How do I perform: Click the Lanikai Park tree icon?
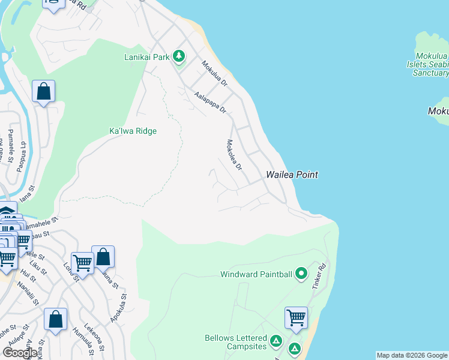coord(178,57)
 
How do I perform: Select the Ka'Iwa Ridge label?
coord(133,131)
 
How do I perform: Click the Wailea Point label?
coord(292,175)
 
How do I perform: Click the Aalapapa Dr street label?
coord(210,102)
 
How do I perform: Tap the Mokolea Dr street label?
coord(234,154)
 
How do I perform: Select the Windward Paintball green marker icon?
coord(301,274)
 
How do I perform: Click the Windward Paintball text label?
coord(256,275)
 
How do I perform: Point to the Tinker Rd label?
coord(319,277)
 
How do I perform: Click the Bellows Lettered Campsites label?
coord(235,343)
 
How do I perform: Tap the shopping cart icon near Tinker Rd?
coord(297,317)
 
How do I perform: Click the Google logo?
coord(20,353)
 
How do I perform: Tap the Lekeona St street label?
coord(95,337)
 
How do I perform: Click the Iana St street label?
coord(26,196)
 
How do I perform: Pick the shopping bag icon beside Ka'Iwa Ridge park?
coord(43,91)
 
